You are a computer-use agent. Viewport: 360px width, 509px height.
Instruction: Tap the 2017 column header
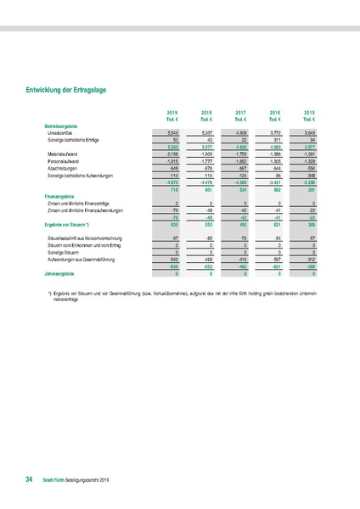tap(240, 112)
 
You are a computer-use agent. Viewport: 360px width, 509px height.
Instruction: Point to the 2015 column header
tap(310, 112)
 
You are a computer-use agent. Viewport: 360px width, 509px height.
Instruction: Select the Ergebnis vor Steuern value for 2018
tap(206, 225)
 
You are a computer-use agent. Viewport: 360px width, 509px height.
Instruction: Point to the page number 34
tap(29, 480)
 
